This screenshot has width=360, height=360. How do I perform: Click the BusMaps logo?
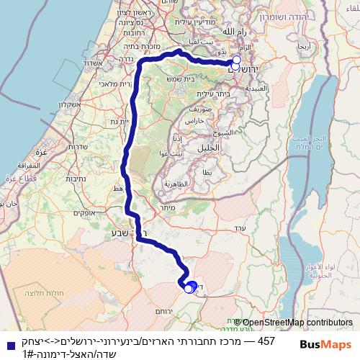point(326,345)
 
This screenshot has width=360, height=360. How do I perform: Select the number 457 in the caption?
point(266,340)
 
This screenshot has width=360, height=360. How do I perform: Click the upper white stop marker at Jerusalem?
point(236,60)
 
